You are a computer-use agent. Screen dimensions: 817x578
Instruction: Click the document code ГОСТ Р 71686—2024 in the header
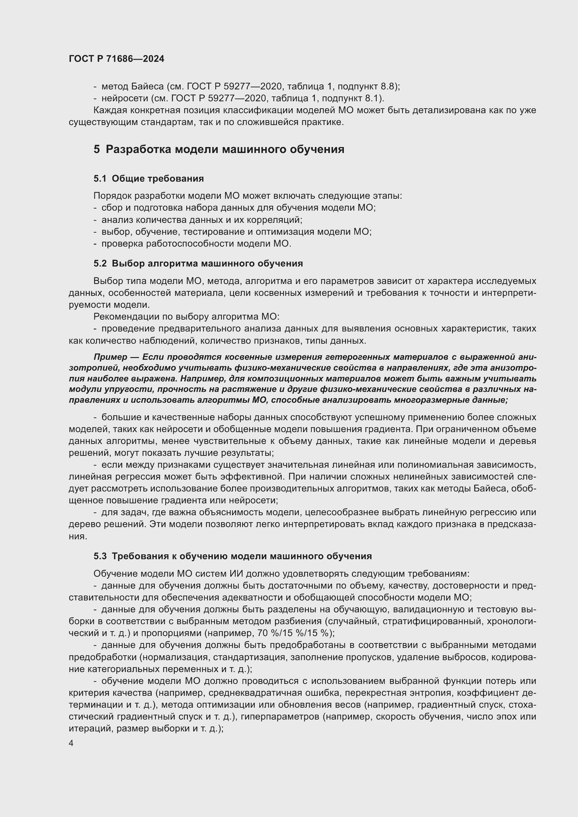[x=116, y=59]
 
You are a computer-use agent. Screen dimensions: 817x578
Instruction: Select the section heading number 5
[x=97, y=149]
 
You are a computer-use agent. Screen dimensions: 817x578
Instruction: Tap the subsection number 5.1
[x=100, y=178]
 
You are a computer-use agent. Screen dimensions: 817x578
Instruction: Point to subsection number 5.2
[x=100, y=264]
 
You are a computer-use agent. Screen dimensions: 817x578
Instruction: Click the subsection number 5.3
[x=100, y=556]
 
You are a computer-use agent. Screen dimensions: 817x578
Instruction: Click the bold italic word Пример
[x=110, y=357]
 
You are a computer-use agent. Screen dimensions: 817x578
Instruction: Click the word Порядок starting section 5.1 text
[x=110, y=196]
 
